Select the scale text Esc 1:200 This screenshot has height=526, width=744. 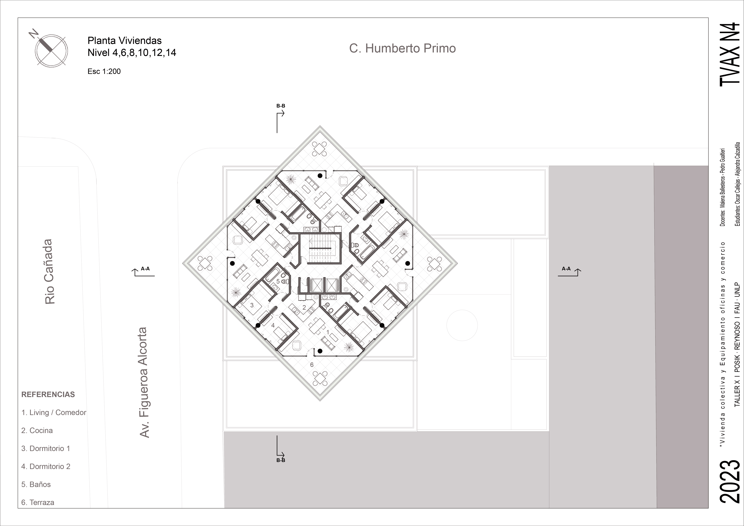pos(104,71)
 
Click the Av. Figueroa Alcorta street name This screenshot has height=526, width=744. pos(144,382)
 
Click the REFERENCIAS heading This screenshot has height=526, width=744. pos(48,394)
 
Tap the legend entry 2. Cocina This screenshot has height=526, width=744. pos(37,430)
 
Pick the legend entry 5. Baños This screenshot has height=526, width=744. pos(36,484)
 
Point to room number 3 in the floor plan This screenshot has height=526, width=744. pos(252,305)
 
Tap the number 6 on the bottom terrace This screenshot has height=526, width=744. pos(312,365)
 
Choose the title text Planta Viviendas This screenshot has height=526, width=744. pos(124,40)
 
